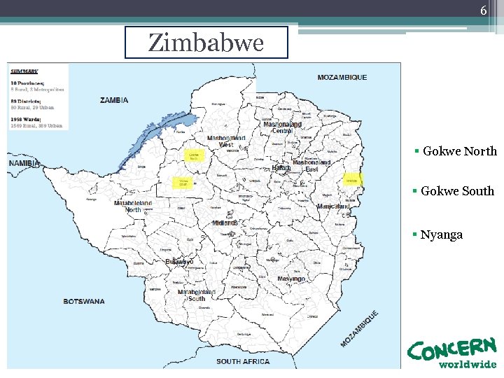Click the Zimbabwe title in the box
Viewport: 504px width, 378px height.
coord(206,43)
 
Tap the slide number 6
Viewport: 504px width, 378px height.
coord(483,10)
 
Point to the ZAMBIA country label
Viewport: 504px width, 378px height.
coord(114,100)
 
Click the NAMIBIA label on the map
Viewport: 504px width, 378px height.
coord(24,163)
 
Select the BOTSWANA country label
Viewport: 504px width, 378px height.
coord(84,302)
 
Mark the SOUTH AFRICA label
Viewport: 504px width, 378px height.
coord(242,361)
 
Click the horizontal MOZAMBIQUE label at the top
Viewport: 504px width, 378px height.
coord(342,77)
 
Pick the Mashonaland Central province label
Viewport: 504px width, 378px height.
coord(282,127)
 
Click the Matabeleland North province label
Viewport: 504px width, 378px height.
coord(133,206)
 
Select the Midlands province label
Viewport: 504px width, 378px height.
coord(225,223)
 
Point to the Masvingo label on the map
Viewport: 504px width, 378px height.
coord(290,279)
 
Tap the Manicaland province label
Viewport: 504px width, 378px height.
coord(333,207)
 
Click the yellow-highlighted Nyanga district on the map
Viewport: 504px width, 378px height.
coord(353,180)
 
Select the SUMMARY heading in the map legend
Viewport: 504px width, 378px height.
coord(24,71)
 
